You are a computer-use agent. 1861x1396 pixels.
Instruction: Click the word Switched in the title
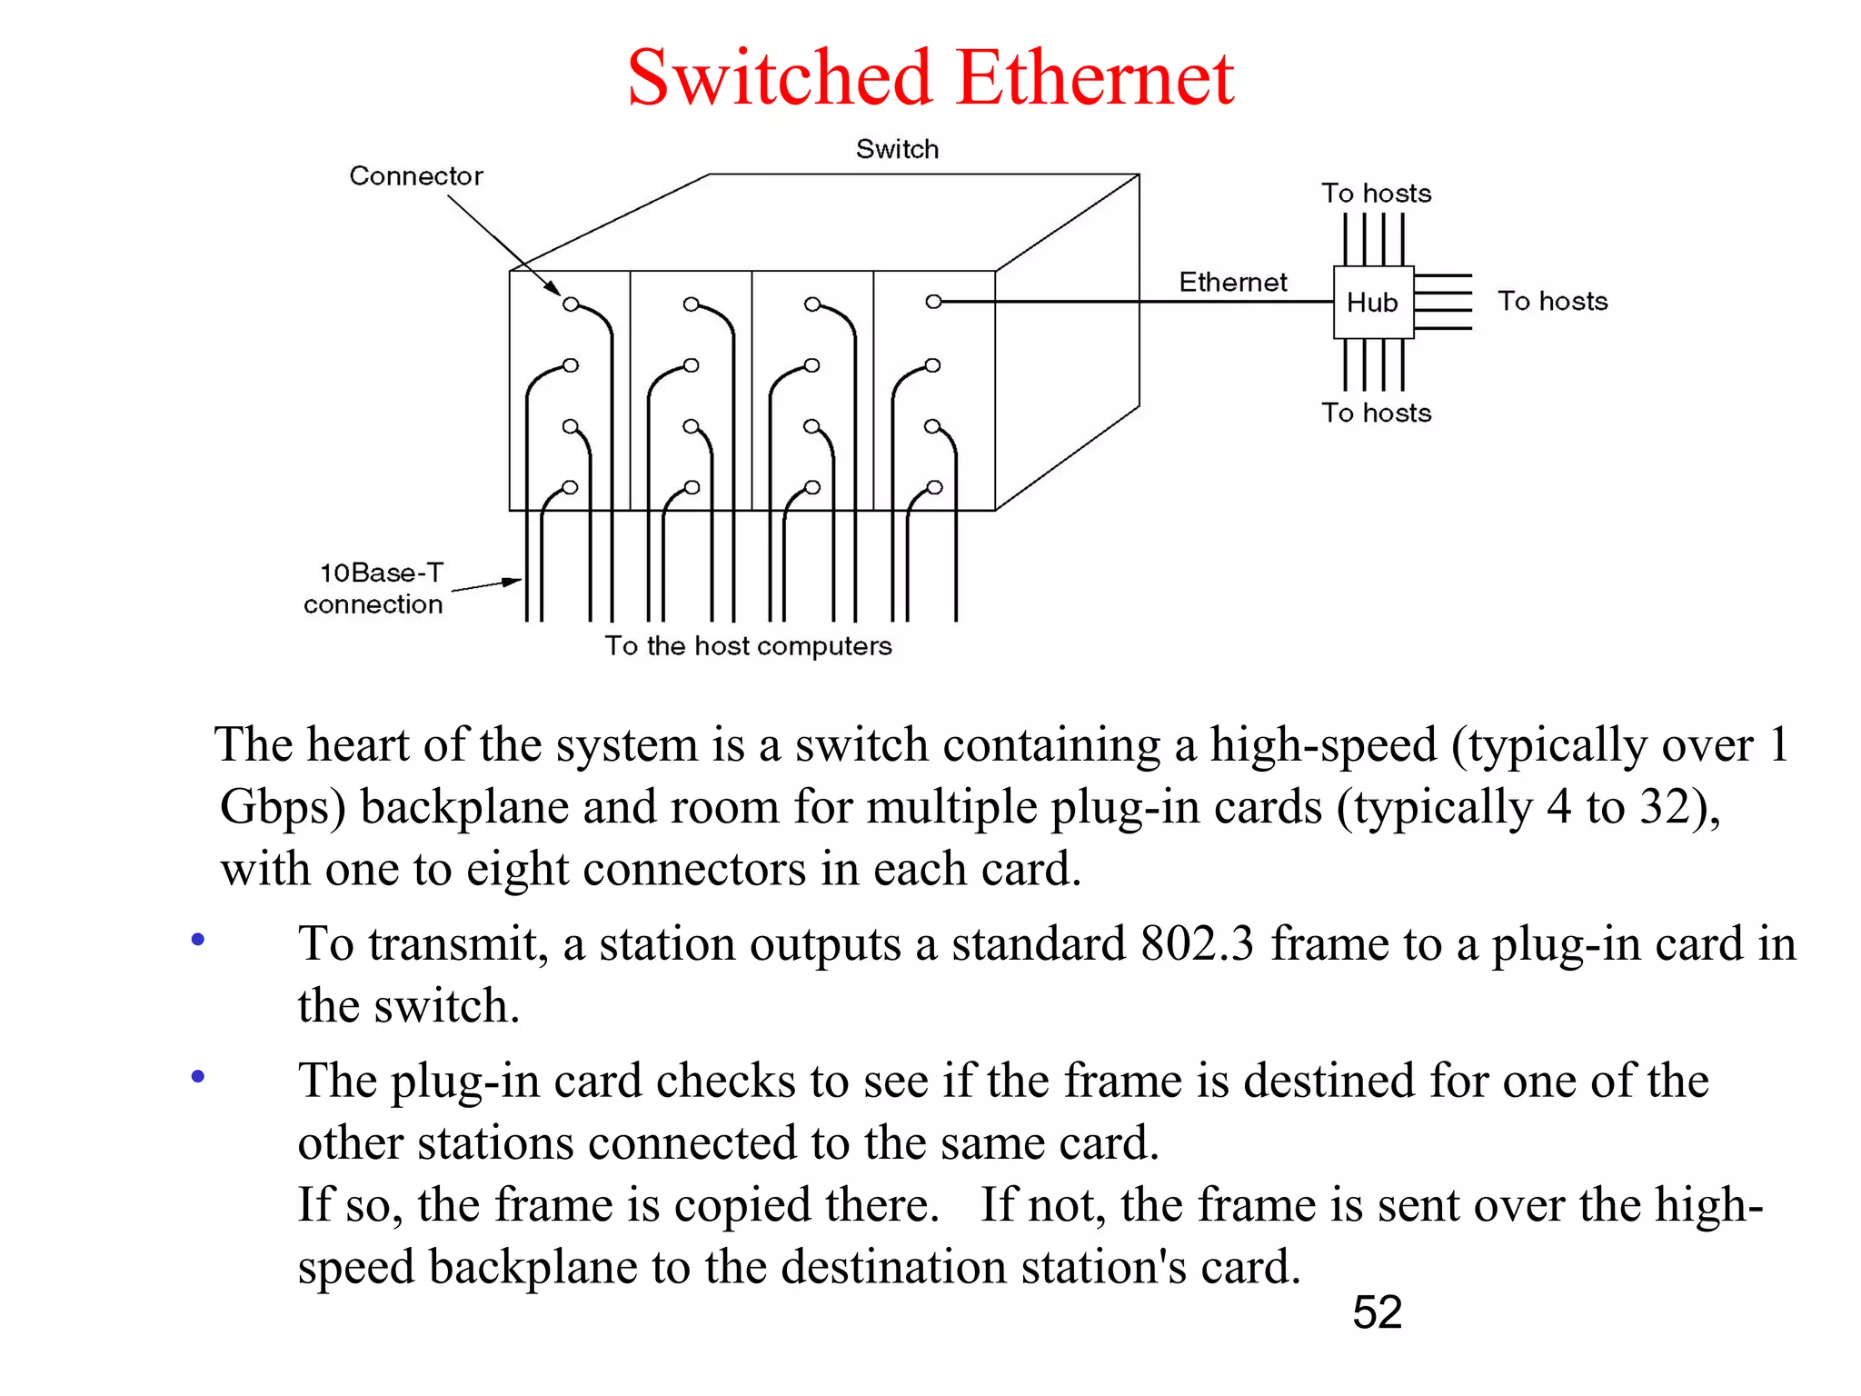tap(780, 78)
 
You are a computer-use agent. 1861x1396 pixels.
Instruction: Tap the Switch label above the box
tap(897, 149)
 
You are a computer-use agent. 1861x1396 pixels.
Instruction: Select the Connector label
tap(416, 175)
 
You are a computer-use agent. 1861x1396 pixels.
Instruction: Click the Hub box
tap(1372, 302)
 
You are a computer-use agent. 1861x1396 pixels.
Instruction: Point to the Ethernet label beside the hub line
tap(1232, 282)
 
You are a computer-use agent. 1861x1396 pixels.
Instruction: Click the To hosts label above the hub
tap(1376, 193)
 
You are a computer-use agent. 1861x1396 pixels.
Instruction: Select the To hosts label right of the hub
tap(1552, 301)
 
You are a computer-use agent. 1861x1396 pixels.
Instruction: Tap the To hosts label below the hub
tap(1376, 413)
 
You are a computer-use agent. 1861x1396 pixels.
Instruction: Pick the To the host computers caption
tap(748, 645)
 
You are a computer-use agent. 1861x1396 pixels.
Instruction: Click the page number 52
tap(1377, 1312)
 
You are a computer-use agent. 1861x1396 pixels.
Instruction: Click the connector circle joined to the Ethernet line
tap(933, 302)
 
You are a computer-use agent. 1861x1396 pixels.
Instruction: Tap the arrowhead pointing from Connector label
tap(553, 288)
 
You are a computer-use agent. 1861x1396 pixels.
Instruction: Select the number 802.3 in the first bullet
tap(1197, 942)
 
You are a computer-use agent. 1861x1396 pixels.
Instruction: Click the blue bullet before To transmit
tap(198, 940)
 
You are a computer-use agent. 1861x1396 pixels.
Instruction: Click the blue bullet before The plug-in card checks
tap(198, 1077)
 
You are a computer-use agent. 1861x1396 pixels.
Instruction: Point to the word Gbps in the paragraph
tap(283, 807)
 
